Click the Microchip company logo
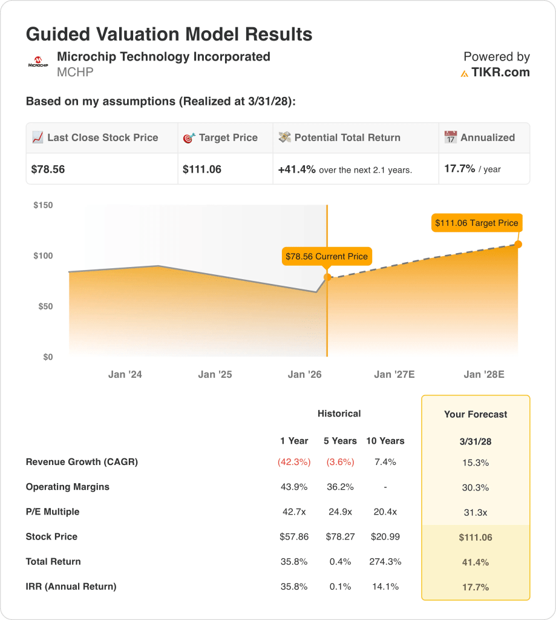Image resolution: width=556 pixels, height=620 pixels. [x=38, y=62]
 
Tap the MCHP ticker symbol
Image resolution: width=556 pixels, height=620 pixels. [x=75, y=73]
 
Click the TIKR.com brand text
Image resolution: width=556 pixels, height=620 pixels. [x=500, y=73]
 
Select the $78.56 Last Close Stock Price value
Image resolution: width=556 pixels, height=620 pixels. [x=48, y=170]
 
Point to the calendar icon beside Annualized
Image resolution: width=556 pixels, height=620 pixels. [x=450, y=137]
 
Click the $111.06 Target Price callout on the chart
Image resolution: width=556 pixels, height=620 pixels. [x=476, y=223]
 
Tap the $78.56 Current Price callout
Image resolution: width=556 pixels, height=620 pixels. [x=326, y=256]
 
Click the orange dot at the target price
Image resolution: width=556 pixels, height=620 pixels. [x=518, y=244]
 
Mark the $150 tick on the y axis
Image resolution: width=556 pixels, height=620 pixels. [x=43, y=205]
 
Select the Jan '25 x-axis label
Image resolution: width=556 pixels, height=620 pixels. [x=215, y=375]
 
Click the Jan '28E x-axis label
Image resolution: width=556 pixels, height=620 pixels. [x=483, y=375]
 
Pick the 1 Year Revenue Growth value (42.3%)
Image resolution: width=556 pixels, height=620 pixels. [x=294, y=462]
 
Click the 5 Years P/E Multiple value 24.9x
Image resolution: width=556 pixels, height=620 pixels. [x=339, y=512]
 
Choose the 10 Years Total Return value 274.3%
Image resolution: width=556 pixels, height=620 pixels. [x=385, y=561]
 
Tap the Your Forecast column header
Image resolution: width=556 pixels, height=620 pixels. [x=476, y=415]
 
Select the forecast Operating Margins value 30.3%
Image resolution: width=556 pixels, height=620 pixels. [x=476, y=487]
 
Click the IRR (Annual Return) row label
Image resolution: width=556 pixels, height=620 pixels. [x=71, y=586]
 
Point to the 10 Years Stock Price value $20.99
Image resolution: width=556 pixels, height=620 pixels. [x=385, y=536]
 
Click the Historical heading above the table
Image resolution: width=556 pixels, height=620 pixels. [x=339, y=414]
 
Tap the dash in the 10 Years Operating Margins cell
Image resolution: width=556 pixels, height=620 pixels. [x=385, y=487]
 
